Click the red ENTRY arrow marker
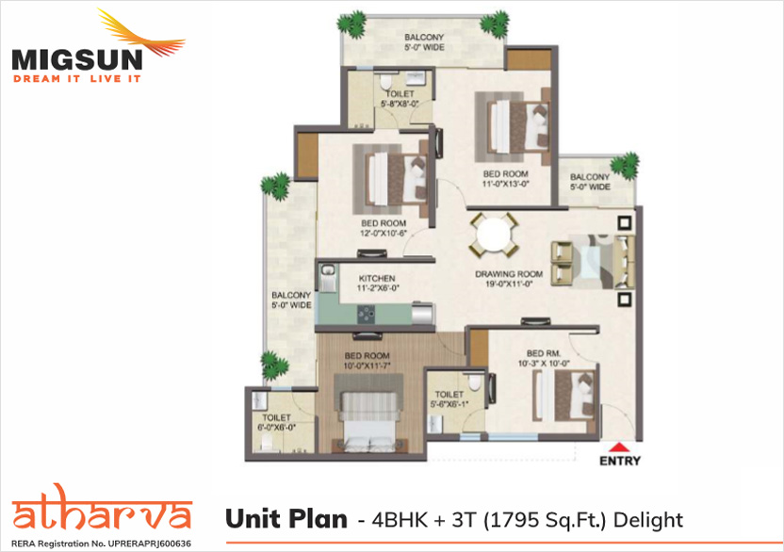pyautogui.click(x=619, y=447)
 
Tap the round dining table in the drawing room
pyautogui.click(x=493, y=235)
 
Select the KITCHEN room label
pyautogui.click(x=377, y=279)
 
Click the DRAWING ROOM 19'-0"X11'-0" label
pyautogui.click(x=509, y=279)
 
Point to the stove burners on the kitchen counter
pyautogui.click(x=366, y=315)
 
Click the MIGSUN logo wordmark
pyautogui.click(x=77, y=59)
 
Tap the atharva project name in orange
pyautogui.click(x=102, y=509)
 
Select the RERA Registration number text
pyautogui.click(x=101, y=544)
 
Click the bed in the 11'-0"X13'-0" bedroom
pyautogui.click(x=518, y=126)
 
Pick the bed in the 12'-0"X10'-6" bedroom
pyautogui.click(x=396, y=178)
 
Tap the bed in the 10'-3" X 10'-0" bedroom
pyautogui.click(x=565, y=396)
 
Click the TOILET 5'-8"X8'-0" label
pyautogui.click(x=400, y=99)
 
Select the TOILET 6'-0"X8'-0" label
pyautogui.click(x=276, y=423)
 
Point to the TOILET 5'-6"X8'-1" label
pyautogui.click(x=449, y=399)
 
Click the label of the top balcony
pyautogui.click(x=424, y=42)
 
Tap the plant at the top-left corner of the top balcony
pyautogui.click(x=351, y=24)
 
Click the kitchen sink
pyautogui.click(x=328, y=279)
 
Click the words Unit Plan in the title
pyautogui.click(x=286, y=519)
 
